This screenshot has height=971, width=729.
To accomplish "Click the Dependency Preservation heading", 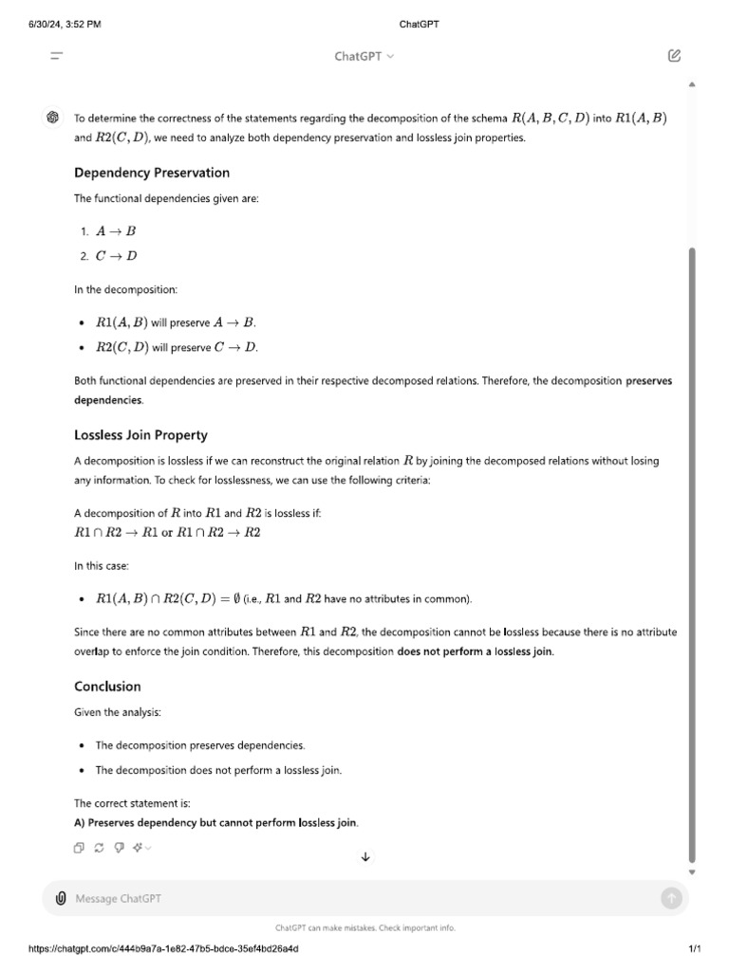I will pos(152,173).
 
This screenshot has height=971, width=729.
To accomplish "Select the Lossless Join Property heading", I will pos(140,435).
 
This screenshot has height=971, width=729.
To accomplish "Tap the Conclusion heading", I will pos(107,687).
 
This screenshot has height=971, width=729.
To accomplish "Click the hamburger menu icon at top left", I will pos(57,56).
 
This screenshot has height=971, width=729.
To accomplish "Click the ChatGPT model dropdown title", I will pos(364,56).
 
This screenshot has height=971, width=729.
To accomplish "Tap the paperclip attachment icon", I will pos(61,898).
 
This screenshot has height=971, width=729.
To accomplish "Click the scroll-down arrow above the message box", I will pos(365,857).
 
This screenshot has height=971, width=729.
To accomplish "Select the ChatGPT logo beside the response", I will pos(53,118).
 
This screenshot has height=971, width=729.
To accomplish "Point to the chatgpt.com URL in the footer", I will pos(163,949).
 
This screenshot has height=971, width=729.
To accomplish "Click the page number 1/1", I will pos(694,949).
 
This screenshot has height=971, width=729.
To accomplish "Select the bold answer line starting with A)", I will pos(216,822).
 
